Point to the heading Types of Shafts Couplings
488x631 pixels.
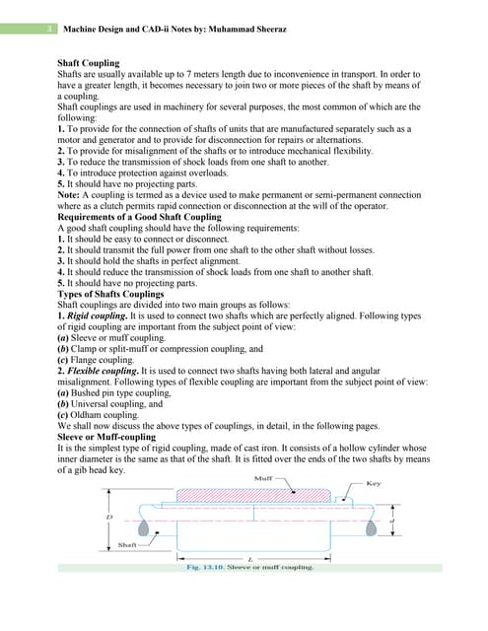(x=111, y=295)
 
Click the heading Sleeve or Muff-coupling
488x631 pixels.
(x=106, y=434)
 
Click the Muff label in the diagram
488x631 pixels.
(x=263, y=478)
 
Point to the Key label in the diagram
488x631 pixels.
(x=374, y=483)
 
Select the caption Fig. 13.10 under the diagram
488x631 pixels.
(x=250, y=568)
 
